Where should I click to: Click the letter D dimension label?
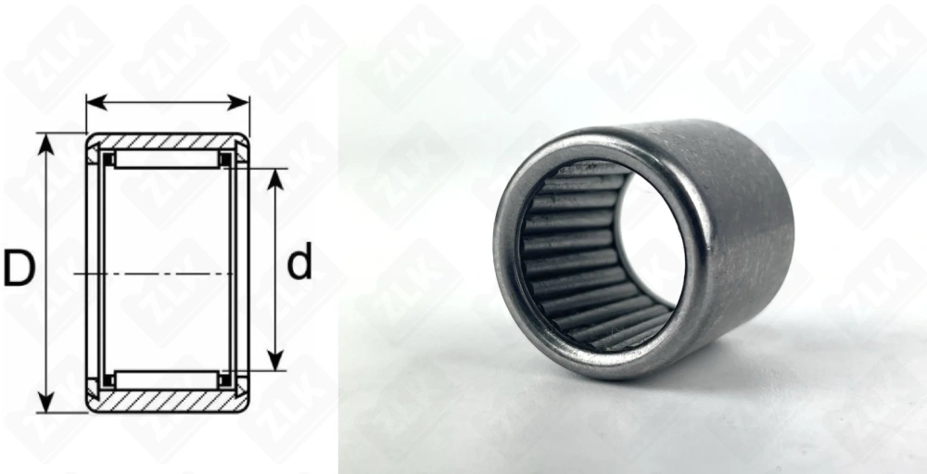[19, 268]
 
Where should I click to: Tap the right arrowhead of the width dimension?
[238, 102]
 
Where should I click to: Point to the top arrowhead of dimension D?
[45, 144]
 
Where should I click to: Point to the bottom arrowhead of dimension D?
[45, 402]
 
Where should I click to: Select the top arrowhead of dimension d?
[275, 179]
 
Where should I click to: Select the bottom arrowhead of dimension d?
[275, 361]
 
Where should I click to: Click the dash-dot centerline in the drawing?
[154, 274]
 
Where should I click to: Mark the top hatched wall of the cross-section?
[167, 141]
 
